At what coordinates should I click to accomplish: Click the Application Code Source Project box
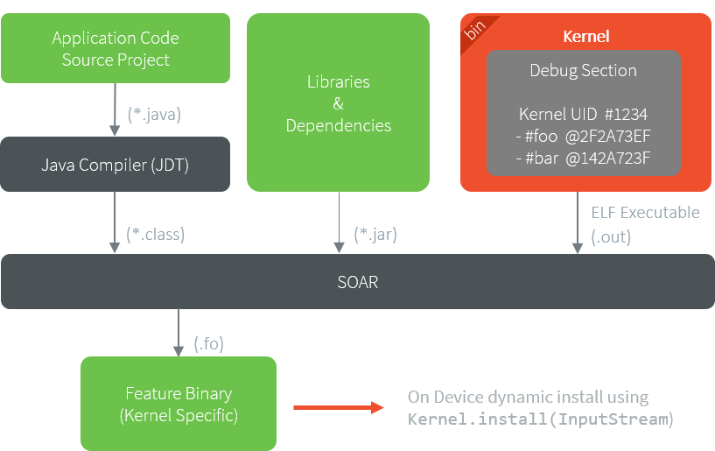click(x=116, y=49)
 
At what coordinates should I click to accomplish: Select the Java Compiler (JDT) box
click(x=116, y=164)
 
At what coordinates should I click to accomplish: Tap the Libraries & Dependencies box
click(x=338, y=102)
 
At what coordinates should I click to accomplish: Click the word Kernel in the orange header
click(x=585, y=37)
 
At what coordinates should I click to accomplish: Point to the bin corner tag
click(x=475, y=30)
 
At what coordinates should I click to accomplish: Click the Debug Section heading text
click(x=583, y=70)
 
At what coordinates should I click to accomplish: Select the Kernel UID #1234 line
click(x=583, y=115)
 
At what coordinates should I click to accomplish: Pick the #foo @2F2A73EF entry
click(x=583, y=137)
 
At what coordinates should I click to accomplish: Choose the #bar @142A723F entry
click(x=583, y=159)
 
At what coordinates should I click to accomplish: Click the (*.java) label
click(x=154, y=113)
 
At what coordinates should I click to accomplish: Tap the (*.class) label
click(x=156, y=234)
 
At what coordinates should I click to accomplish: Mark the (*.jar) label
click(x=375, y=234)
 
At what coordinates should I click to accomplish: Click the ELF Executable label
click(x=645, y=212)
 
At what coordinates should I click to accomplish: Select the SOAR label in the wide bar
click(x=357, y=282)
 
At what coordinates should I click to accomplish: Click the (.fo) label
click(x=209, y=343)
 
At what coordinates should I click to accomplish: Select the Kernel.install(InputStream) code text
click(x=541, y=419)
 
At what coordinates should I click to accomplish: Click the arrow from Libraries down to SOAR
click(x=338, y=222)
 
